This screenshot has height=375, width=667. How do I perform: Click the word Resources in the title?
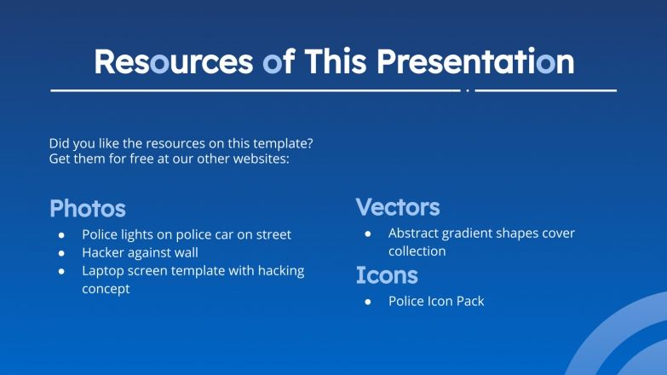click(x=173, y=61)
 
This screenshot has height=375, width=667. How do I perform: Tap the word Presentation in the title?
click(x=475, y=61)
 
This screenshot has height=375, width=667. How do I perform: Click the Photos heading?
click(x=88, y=209)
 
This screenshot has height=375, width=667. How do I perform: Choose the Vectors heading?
click(x=398, y=207)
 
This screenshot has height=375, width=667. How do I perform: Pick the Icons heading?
click(x=387, y=275)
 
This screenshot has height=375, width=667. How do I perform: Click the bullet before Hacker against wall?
click(x=61, y=253)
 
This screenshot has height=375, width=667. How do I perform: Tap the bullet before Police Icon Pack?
click(x=368, y=302)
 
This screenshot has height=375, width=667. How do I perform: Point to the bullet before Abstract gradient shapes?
click(x=368, y=234)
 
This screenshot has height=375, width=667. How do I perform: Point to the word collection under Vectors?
click(x=417, y=251)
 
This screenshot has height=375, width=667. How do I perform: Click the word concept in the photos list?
click(x=106, y=289)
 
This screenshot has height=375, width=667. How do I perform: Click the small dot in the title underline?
click(x=468, y=89)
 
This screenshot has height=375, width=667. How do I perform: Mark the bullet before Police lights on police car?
click(x=61, y=235)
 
